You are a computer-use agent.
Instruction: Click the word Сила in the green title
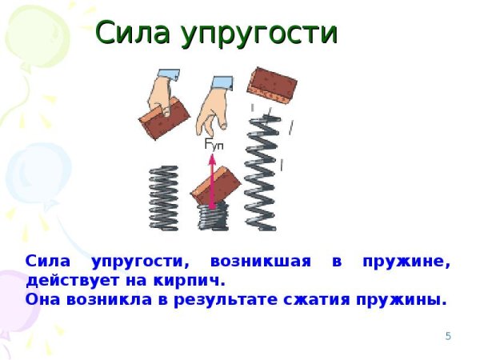pyautogui.click(x=133, y=34)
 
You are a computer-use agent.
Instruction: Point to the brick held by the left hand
pyautogui.click(x=164, y=116)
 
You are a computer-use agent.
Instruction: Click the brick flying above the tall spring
pyautogui.click(x=271, y=82)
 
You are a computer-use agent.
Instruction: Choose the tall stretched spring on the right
pyautogui.click(x=262, y=172)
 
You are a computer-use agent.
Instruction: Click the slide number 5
pyautogui.click(x=448, y=336)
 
